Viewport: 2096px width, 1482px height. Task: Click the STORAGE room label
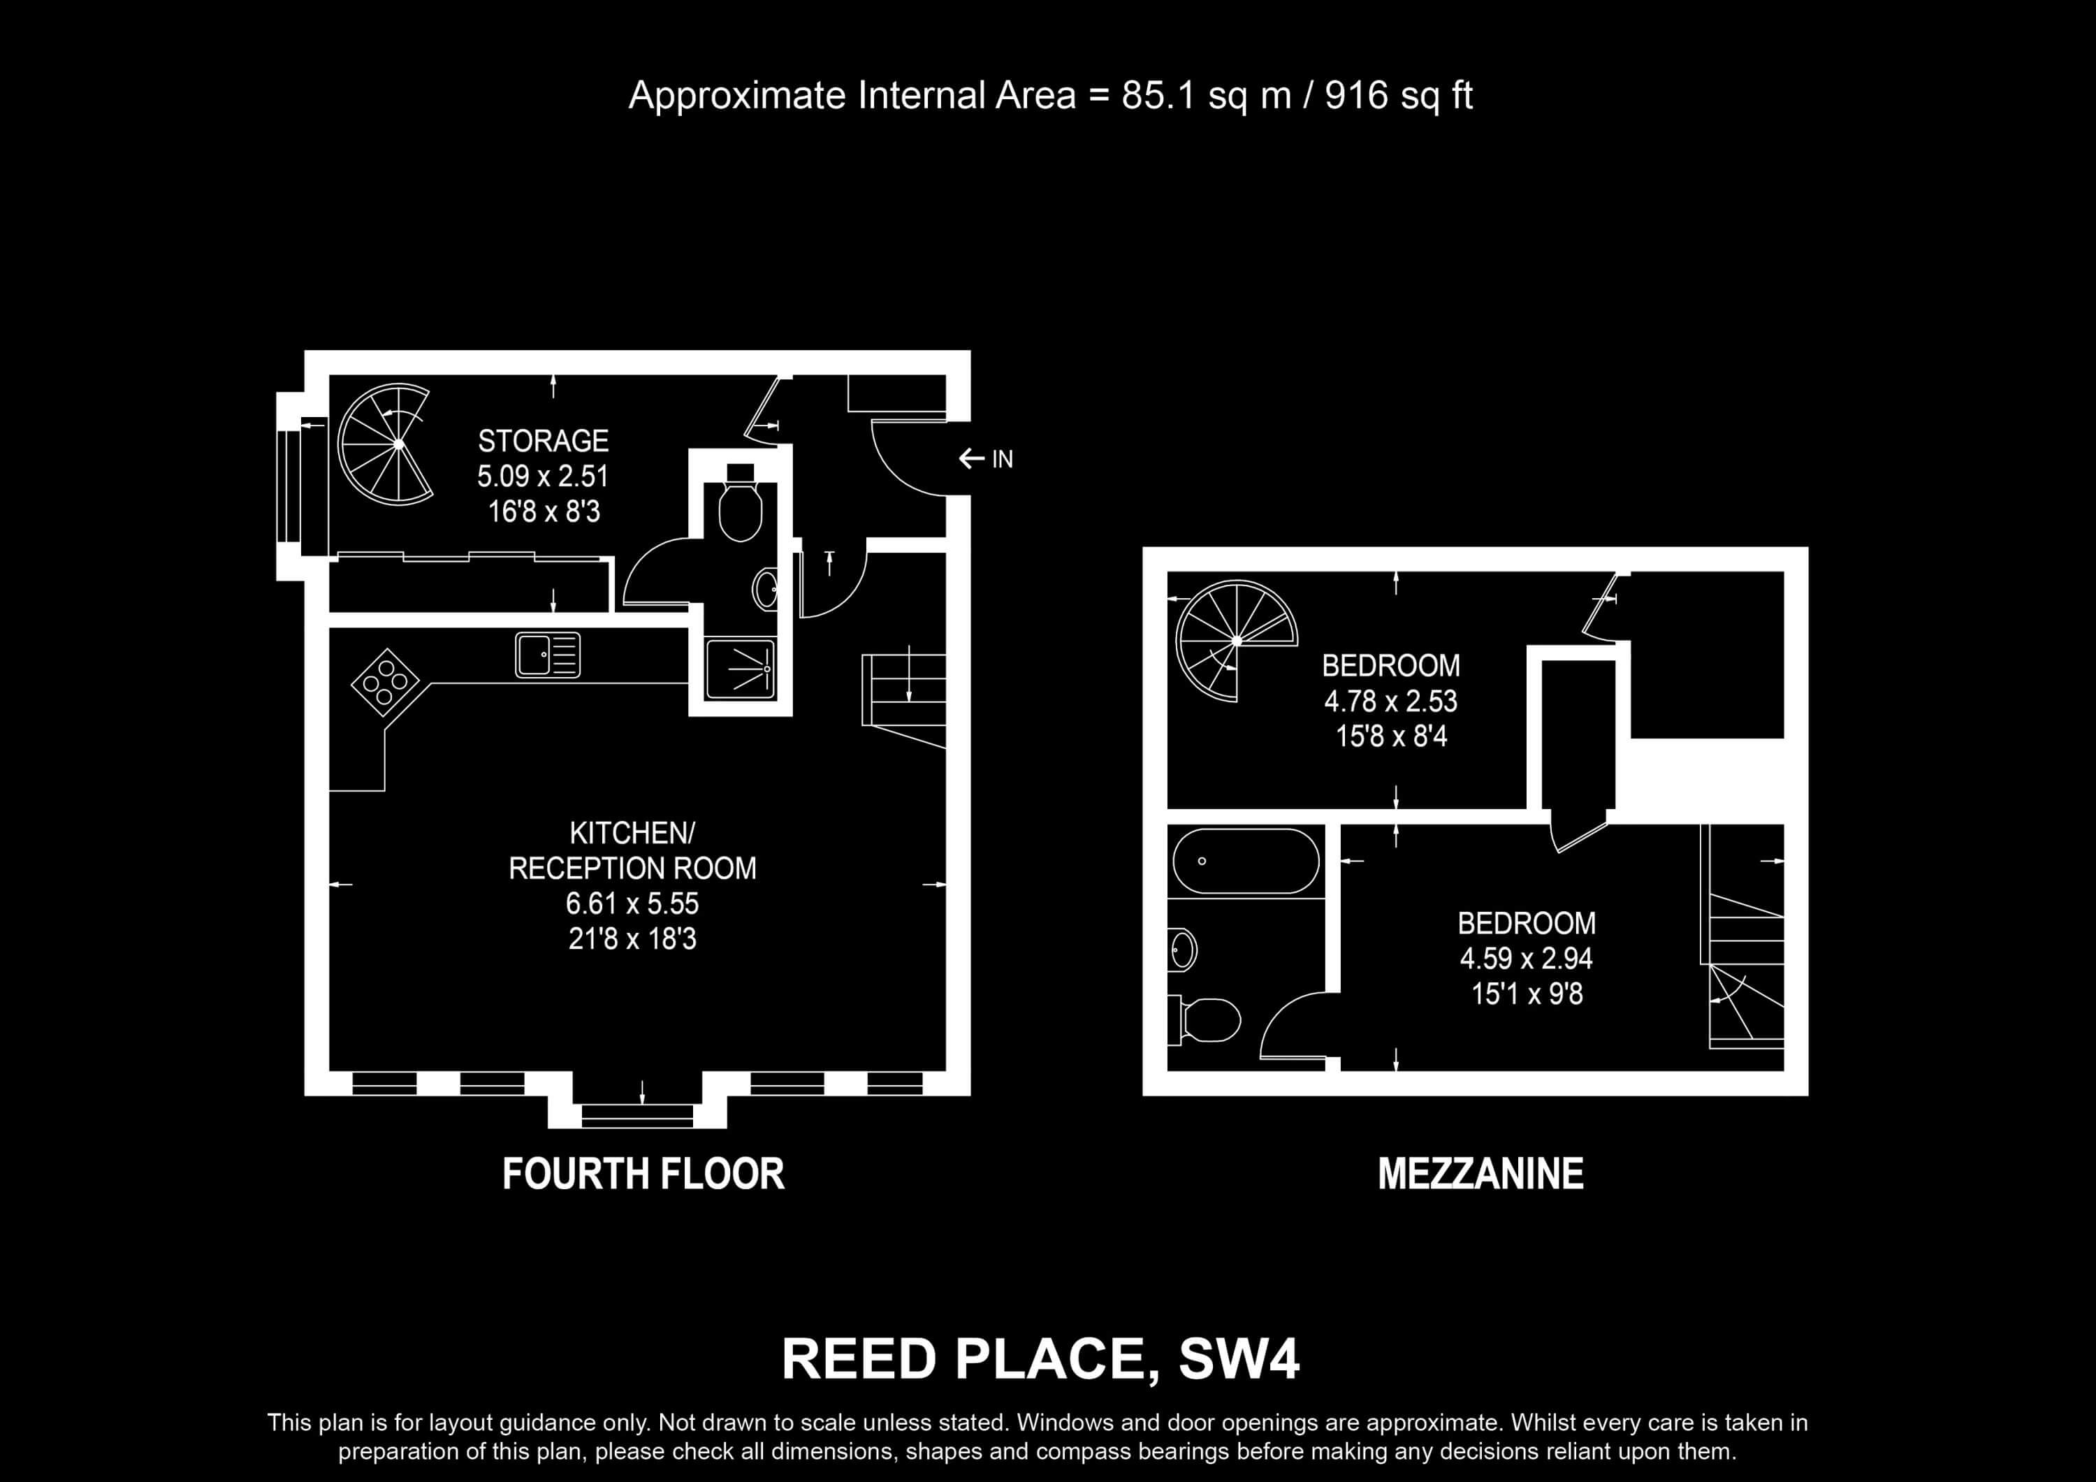(543, 441)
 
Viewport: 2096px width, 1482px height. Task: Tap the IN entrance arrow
(970, 458)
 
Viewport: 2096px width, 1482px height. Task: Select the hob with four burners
(384, 676)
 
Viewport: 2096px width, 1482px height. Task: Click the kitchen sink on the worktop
(548, 655)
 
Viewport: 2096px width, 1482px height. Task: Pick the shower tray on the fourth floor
(741, 669)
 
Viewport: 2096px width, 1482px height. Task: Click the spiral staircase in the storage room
(384, 444)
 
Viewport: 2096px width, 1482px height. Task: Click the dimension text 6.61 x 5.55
(632, 903)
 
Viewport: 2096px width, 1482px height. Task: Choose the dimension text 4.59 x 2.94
(1527, 959)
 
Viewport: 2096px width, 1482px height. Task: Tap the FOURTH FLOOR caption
(643, 1175)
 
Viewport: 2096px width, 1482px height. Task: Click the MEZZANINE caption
(1480, 1175)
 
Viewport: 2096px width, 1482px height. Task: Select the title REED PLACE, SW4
(1041, 1360)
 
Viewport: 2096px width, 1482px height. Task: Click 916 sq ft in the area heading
(1399, 96)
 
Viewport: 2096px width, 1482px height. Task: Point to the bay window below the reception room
(637, 1113)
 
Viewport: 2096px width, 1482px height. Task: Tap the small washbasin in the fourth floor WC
(766, 590)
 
